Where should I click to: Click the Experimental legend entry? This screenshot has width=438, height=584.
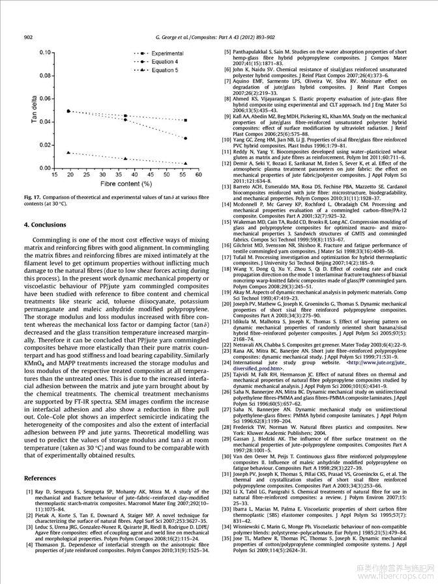tap(168, 53)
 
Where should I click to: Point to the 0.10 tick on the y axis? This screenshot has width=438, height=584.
tap(45, 51)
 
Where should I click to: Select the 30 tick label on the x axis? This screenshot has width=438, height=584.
tap(98, 176)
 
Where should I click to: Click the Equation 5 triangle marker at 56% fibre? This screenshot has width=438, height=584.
tap(186, 163)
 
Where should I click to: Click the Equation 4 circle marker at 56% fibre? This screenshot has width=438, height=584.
tap(186, 138)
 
